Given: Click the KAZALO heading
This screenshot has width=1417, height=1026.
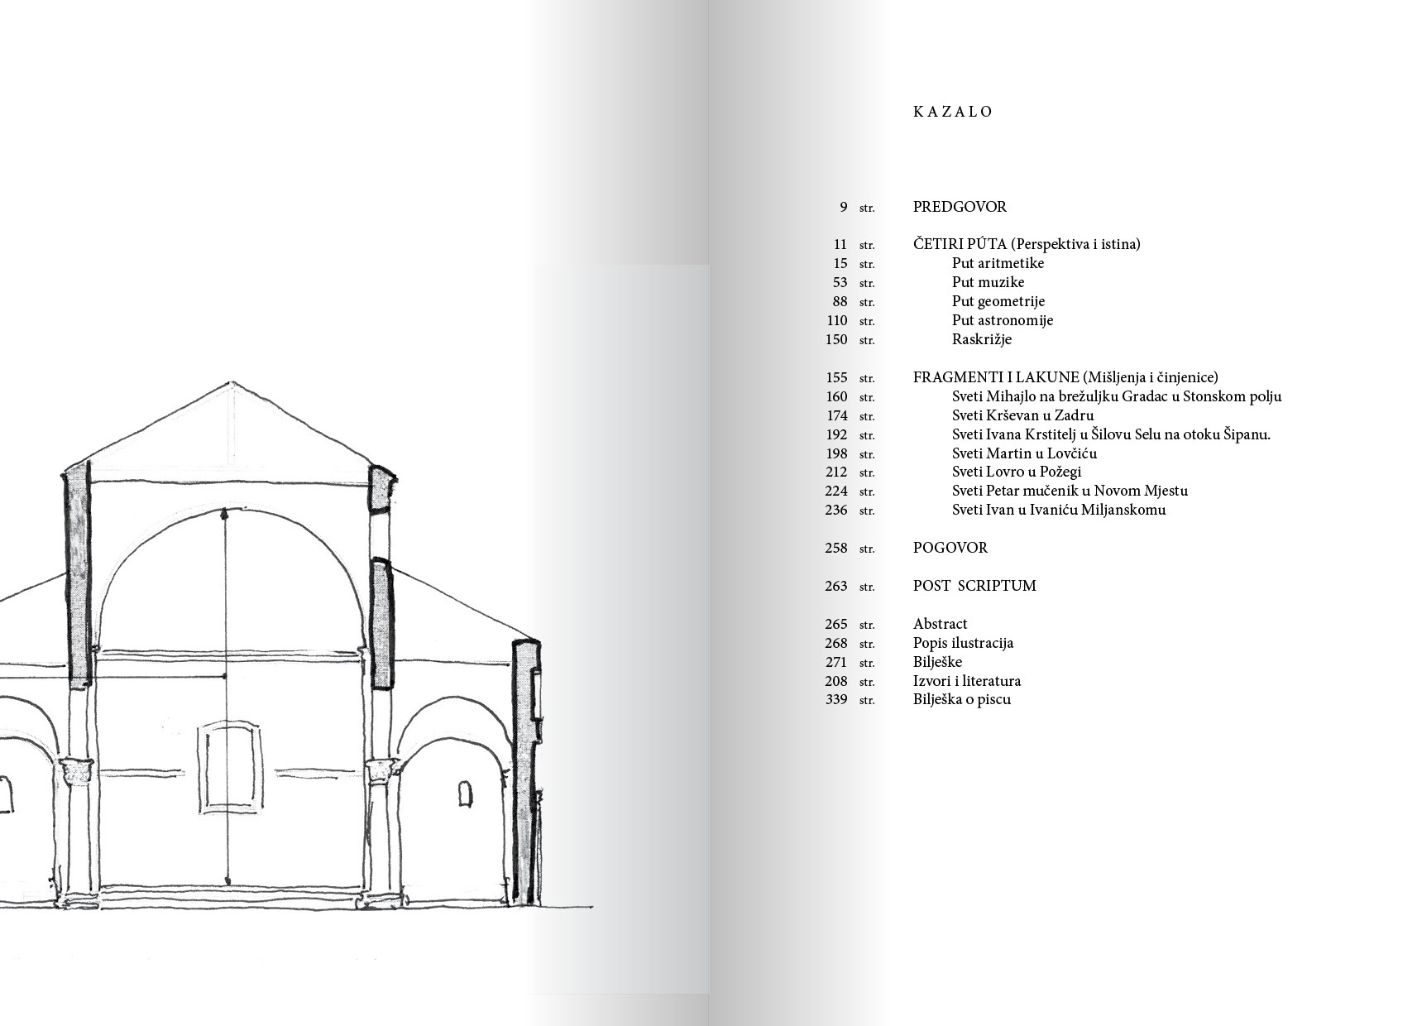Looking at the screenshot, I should [952, 112].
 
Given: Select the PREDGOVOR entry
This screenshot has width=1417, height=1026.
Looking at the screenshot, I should [960, 207].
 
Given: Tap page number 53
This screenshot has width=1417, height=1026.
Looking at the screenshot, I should [840, 283].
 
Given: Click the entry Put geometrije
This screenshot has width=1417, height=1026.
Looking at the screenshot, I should [998, 301].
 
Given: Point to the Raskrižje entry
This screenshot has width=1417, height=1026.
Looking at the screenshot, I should [981, 339].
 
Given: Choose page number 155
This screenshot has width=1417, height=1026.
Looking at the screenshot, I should [836, 378].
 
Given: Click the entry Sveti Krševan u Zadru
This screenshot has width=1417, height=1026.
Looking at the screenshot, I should [1022, 415].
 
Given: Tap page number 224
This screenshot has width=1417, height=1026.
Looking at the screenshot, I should [836, 491].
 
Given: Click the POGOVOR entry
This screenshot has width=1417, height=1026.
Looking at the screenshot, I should [950, 548].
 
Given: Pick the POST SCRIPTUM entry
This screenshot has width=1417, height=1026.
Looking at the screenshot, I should [974, 586].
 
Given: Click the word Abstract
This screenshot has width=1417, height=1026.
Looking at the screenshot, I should [940, 624].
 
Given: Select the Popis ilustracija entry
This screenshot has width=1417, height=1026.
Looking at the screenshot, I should [963, 643].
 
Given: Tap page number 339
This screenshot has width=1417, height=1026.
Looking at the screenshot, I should [836, 700].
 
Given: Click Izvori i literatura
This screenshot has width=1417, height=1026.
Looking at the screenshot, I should [966, 681].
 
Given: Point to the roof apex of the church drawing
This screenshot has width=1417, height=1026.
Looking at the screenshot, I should [230, 382].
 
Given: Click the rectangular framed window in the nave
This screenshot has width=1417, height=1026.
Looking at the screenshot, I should [227, 767].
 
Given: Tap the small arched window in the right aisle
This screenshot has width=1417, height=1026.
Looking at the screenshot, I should [466, 793].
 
